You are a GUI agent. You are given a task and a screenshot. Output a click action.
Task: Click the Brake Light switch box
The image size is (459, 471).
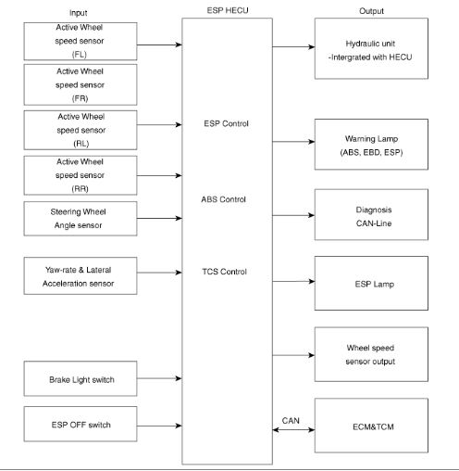click(x=81, y=378)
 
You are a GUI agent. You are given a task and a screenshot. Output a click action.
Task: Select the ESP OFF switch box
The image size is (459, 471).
click(x=81, y=424)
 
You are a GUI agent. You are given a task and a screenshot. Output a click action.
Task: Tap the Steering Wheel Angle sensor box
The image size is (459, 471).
click(x=81, y=219)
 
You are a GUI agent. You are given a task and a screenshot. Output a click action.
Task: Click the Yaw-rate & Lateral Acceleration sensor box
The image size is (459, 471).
click(x=81, y=275)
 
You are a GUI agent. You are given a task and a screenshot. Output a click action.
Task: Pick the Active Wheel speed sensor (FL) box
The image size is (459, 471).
click(x=81, y=41)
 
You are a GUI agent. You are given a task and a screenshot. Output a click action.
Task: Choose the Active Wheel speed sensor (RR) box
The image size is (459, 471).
click(x=81, y=175)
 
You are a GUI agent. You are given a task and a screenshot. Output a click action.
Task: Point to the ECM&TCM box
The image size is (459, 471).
click(x=371, y=426)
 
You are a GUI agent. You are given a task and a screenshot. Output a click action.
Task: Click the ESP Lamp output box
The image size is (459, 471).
click(x=371, y=283)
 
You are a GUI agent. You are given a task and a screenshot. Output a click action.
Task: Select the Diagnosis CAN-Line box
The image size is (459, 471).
click(x=371, y=214)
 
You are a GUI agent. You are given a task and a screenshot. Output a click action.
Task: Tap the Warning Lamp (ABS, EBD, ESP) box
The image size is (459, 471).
click(x=371, y=145)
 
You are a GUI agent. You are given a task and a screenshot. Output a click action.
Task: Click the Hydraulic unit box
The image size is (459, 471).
click(x=371, y=48)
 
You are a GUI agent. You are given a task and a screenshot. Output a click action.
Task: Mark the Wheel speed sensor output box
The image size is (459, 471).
click(x=371, y=354)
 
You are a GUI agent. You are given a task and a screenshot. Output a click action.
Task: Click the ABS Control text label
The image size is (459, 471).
click(x=224, y=199)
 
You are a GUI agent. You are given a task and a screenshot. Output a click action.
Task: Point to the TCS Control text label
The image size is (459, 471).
click(x=225, y=272)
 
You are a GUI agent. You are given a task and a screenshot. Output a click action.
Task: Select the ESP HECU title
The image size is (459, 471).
click(x=228, y=10)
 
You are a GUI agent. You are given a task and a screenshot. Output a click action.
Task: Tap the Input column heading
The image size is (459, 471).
click(x=79, y=13)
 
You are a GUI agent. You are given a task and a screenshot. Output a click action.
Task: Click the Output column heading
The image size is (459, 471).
click(x=371, y=11)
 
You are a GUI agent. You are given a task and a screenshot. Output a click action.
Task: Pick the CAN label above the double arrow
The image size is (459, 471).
click(x=291, y=421)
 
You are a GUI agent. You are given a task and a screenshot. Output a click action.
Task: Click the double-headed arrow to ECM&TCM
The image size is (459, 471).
click(x=293, y=429)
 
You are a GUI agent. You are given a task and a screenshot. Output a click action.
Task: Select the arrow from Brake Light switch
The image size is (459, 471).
click(x=159, y=378)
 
